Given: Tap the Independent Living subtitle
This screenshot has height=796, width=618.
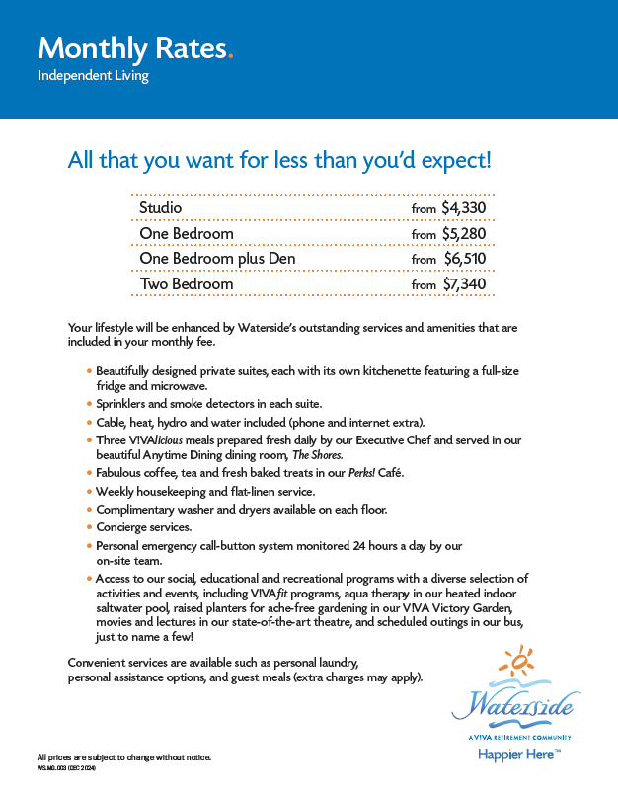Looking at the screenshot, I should coord(93,76).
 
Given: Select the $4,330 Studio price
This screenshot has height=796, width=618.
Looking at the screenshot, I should coord(464,208).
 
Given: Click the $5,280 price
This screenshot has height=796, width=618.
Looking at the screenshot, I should coord(464,234).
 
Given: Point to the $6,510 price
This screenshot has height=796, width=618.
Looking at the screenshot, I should coord(464,259).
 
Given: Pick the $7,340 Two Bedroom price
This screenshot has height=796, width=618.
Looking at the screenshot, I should coord(464,284).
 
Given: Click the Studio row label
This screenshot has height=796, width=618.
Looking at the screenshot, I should coord(161,208).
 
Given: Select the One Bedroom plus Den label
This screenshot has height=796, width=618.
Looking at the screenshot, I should coord(217,259).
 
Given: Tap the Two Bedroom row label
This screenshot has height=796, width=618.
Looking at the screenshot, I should coord(187,284).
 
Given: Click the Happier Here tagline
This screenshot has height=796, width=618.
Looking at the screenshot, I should coord(518,754).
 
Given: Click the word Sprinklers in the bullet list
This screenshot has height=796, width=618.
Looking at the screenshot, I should coord(126,404).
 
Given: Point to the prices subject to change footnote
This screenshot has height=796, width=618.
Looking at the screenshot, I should coord(124,757).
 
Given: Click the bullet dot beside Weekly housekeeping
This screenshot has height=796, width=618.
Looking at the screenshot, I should coord(90,492).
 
